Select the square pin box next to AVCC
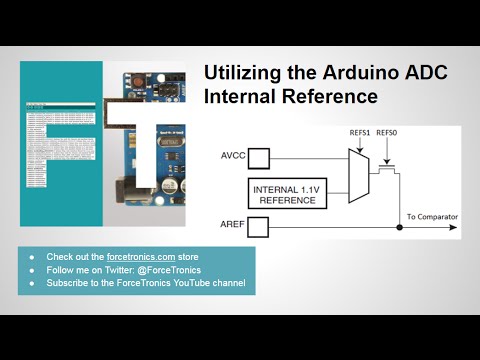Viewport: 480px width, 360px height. click(x=259, y=158)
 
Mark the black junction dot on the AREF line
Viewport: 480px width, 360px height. click(x=400, y=227)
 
